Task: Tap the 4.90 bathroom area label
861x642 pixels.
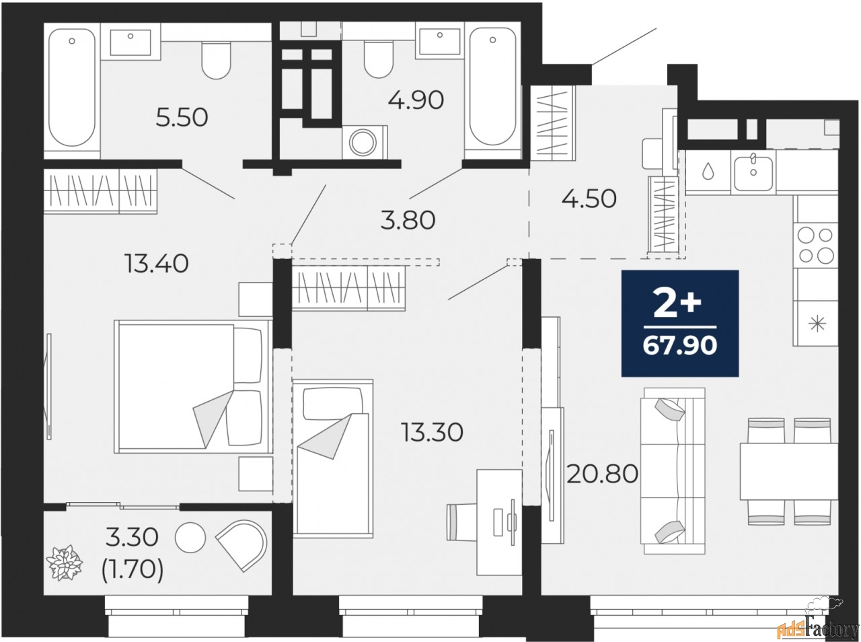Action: (416, 100)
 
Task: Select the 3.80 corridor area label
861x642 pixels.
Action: (408, 219)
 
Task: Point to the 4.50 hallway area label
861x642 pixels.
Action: (589, 199)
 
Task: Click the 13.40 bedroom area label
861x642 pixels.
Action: (155, 263)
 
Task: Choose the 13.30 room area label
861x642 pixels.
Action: (432, 432)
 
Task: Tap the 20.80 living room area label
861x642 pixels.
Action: (602, 474)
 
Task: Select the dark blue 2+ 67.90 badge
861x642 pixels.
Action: (680, 323)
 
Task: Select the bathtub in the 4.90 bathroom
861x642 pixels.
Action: (494, 87)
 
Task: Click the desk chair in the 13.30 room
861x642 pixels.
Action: (463, 522)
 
